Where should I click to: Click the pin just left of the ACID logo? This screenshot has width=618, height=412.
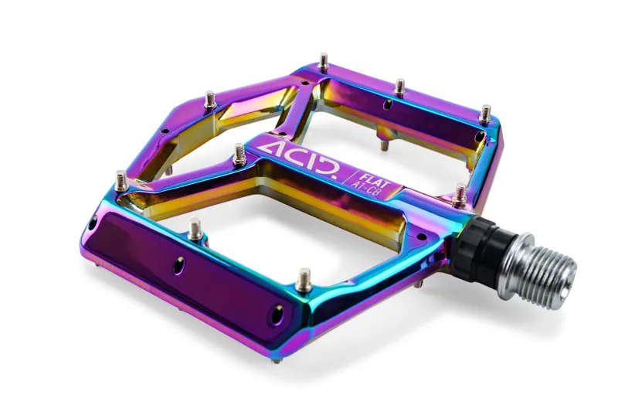tap(239, 152)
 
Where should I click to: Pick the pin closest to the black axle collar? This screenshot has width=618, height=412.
tap(460, 194)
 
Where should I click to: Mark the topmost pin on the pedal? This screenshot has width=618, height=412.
tap(324, 61)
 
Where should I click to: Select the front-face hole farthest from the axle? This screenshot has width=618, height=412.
tap(93, 224)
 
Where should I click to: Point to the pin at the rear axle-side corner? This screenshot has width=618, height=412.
tap(485, 114)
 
